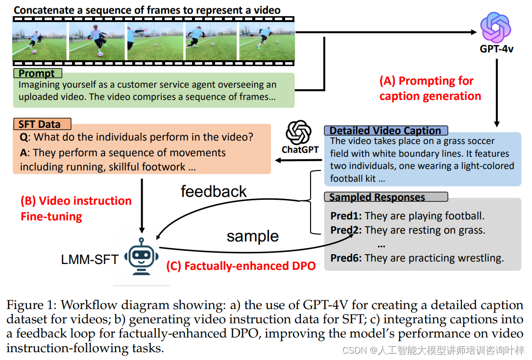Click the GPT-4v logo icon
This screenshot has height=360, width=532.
point(496,27)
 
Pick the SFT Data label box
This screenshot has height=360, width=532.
point(43,124)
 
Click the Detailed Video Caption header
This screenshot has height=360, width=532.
point(386,130)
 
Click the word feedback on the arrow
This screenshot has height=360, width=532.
point(214,191)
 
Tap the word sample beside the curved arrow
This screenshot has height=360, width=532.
point(252,236)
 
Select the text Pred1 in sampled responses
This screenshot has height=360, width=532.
point(345,216)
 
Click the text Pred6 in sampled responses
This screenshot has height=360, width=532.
point(345,258)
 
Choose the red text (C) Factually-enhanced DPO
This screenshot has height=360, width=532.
point(240,266)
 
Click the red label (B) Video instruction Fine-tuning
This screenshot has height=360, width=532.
point(76,208)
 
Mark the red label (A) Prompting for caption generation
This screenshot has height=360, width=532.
point(430,88)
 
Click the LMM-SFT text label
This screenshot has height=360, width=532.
point(90,260)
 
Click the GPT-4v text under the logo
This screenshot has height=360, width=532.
point(496,49)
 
